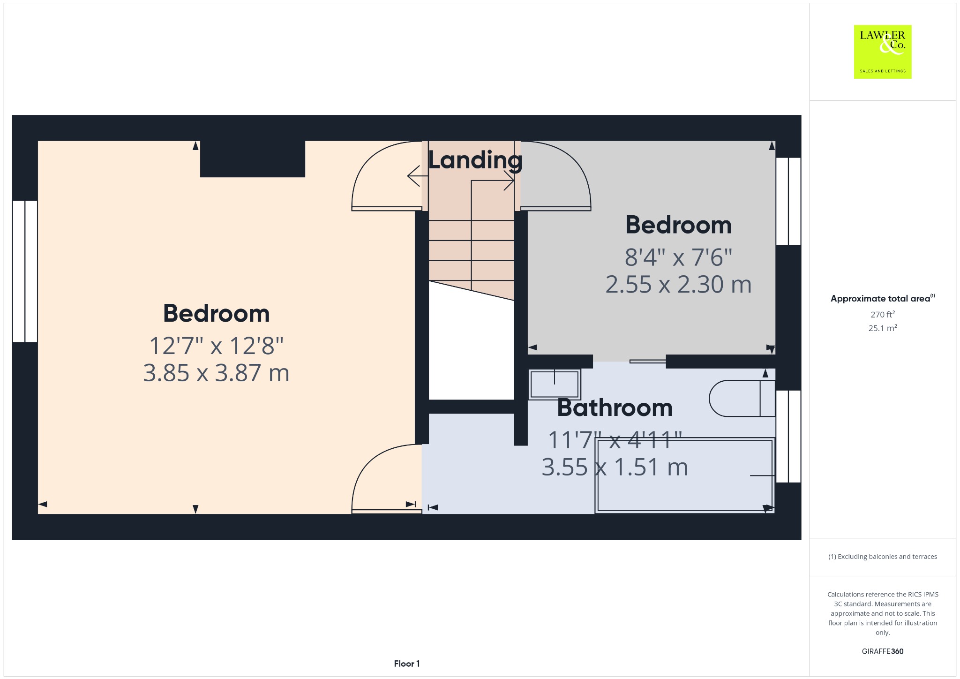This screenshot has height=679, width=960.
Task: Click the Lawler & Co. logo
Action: click(883, 52)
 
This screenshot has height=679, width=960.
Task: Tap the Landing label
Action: click(475, 161)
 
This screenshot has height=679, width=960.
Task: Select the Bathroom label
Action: click(615, 407)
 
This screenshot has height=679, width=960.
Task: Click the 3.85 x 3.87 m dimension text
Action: click(216, 373)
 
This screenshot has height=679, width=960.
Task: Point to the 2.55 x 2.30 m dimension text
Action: click(678, 285)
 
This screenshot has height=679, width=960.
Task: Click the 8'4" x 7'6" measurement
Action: click(678, 257)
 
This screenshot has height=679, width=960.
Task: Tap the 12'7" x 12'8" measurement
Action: click(216, 346)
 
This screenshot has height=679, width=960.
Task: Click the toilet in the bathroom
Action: click(742, 399)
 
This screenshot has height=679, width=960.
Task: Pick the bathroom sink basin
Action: click(555, 384)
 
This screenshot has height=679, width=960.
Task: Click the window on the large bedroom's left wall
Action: click(25, 271)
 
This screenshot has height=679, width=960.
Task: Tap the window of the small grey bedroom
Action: click(788, 201)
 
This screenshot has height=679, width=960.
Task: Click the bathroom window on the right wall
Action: click(788, 436)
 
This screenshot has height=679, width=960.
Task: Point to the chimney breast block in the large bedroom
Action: click(253, 158)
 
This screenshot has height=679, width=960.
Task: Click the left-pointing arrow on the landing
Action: click(418, 176)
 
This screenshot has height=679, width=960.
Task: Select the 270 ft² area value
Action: click(883, 314)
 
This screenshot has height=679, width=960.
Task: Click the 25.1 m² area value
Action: click(883, 328)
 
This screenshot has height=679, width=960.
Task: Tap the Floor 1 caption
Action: click(407, 664)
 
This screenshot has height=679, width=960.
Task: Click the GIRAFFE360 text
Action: click(883, 651)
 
